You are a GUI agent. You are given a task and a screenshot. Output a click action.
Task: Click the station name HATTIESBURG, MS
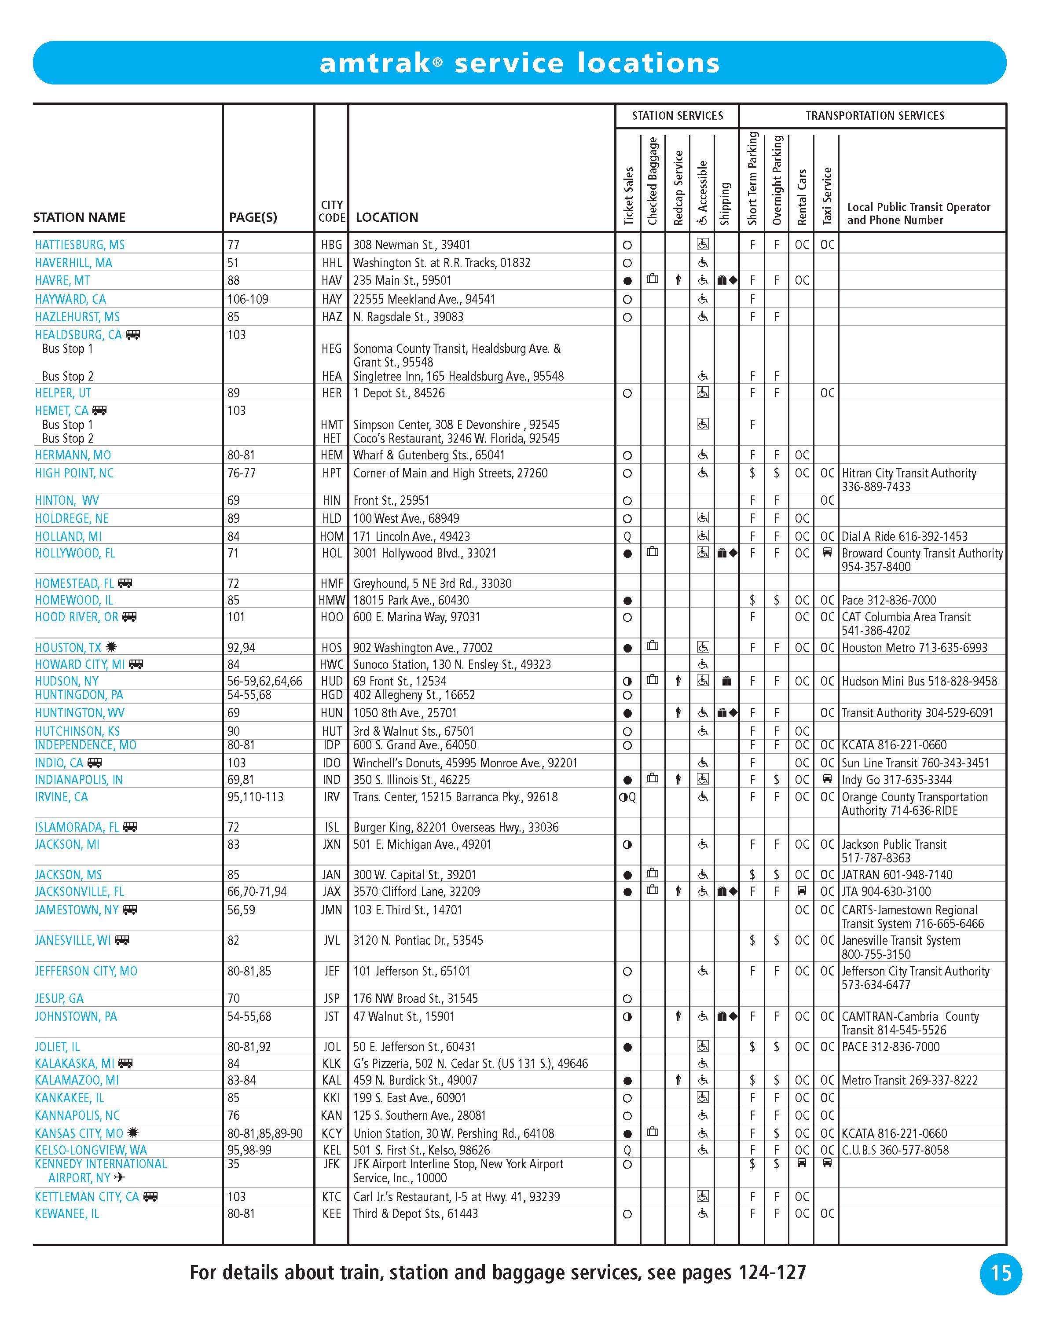pos(80,245)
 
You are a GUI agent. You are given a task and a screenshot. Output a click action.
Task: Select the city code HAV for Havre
pos(331,280)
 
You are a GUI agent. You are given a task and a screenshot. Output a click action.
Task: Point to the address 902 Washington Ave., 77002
pos(422,648)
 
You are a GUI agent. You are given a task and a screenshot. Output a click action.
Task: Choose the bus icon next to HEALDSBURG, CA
pos(133,335)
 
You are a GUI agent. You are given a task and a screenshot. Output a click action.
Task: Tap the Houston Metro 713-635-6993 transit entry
pos(914,648)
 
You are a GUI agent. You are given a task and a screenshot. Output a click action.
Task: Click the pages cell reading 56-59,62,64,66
pos(264,682)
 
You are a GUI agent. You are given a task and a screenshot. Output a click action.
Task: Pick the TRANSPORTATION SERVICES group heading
pos(874,116)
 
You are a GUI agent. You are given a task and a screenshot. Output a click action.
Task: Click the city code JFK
pos(331,1164)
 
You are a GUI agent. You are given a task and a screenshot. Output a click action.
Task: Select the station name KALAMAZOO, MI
pos(77,1081)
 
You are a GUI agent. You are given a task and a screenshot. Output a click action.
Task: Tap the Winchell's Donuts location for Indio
pos(465,763)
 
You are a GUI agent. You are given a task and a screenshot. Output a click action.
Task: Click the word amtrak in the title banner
pos(374,63)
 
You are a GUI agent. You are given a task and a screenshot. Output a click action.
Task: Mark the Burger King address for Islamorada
pos(455,827)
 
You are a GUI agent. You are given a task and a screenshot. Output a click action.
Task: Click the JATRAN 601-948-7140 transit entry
pos(896,875)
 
